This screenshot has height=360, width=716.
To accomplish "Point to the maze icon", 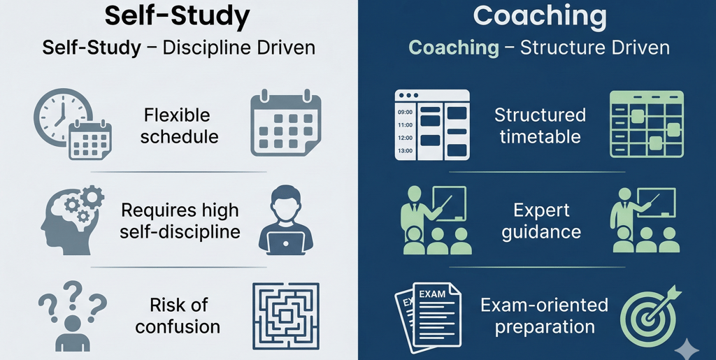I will click(x=285, y=317).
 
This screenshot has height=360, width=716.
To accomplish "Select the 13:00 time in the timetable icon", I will click(x=406, y=150).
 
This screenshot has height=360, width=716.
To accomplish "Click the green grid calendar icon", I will click(x=646, y=124).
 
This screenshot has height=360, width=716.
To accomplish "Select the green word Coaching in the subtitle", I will click(x=452, y=48).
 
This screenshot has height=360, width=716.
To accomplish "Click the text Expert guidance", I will click(x=541, y=220).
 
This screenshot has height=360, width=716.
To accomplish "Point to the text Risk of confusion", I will click(x=178, y=315).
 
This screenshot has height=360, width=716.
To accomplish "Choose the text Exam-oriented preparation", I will click(x=543, y=315).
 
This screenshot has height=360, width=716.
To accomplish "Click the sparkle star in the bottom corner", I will click(x=689, y=347).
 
